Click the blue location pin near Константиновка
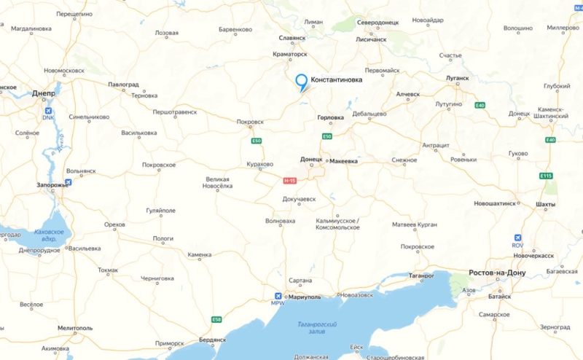click(x=301, y=82)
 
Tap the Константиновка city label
click(x=336, y=79)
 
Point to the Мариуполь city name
click(x=304, y=297)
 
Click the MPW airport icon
click(x=278, y=295)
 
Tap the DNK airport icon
click(x=48, y=109)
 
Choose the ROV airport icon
click(x=517, y=238)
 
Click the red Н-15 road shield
click(x=290, y=180)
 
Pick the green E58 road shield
click(x=216, y=319)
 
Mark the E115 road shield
click(x=547, y=176)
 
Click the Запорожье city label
click(x=52, y=185)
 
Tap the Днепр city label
click(x=44, y=93)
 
